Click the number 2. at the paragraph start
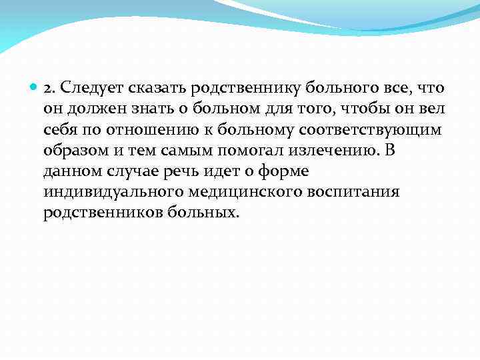pyautogui.click(x=50, y=89)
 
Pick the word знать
pyautogui.click(x=141, y=109)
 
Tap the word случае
pyautogui.click(x=129, y=171)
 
